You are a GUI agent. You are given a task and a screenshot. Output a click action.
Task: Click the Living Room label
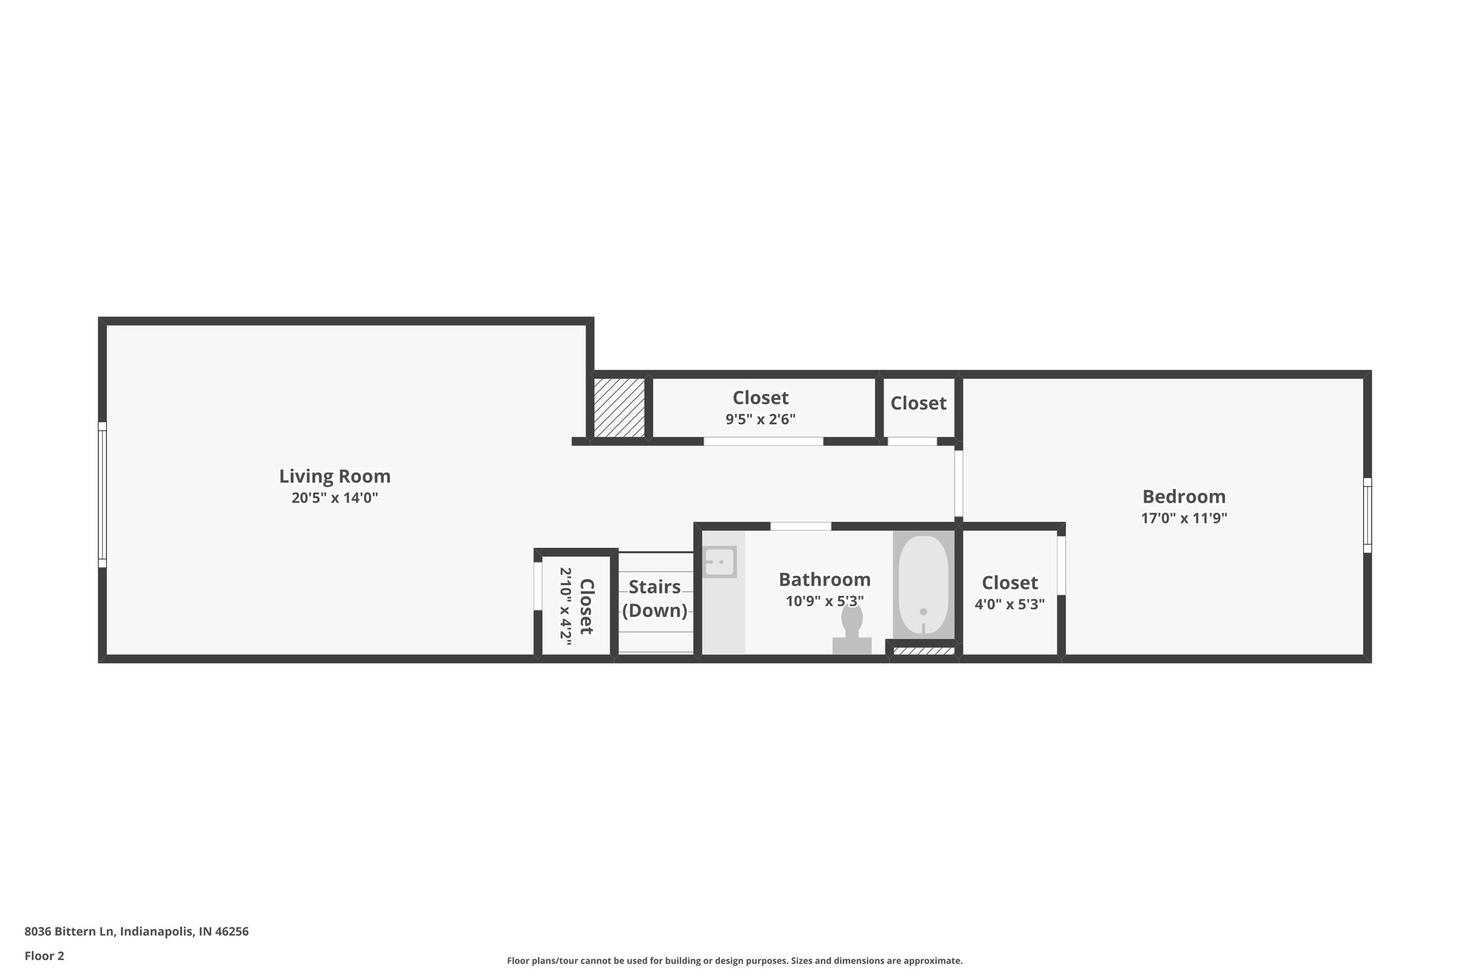(x=334, y=476)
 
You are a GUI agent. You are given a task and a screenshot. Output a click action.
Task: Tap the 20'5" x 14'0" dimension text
(x=334, y=498)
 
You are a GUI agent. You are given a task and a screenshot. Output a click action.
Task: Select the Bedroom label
(x=1184, y=496)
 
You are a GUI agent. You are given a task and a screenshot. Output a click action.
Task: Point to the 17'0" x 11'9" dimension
(x=1184, y=518)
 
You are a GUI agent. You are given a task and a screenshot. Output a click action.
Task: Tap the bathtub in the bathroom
(x=924, y=583)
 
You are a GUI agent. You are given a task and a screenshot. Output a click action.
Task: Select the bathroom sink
(x=719, y=561)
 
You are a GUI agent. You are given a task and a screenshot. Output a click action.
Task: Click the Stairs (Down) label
(x=655, y=598)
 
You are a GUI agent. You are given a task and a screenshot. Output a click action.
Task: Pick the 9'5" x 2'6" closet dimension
(x=760, y=419)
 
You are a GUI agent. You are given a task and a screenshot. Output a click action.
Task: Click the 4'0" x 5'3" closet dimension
(x=1009, y=605)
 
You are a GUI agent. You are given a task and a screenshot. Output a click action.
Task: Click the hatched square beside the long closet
(x=619, y=407)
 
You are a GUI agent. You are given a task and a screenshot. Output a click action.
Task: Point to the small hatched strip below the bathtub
(x=923, y=651)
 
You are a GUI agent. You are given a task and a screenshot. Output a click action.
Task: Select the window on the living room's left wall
(x=103, y=495)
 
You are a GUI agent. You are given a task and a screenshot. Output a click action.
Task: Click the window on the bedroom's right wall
(x=1367, y=515)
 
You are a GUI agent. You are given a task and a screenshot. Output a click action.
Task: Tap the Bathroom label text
(x=824, y=579)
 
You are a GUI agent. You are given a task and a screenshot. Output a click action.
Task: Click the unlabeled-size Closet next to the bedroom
(x=918, y=403)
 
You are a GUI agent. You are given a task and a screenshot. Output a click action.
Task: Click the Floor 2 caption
(x=45, y=956)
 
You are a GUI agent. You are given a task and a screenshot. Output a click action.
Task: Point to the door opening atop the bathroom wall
(x=800, y=526)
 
